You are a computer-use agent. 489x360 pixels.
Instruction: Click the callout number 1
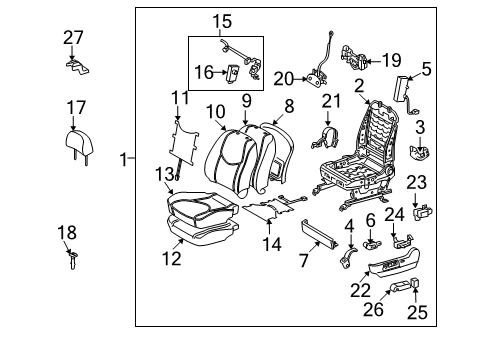[124, 158]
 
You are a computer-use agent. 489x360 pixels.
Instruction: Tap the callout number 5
[425, 69]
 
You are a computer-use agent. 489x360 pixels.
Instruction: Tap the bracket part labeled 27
[73, 64]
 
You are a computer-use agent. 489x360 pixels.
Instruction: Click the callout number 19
[392, 60]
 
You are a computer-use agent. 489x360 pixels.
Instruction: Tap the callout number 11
[179, 97]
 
